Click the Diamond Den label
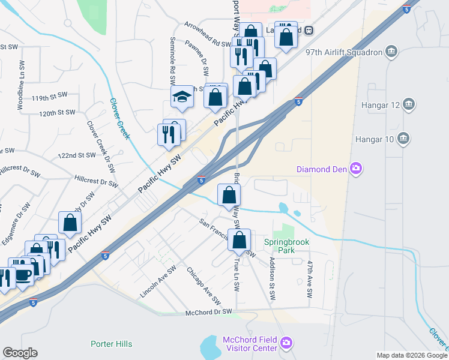322,169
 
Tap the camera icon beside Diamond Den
356,169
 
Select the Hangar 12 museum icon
408,105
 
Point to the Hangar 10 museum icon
403,139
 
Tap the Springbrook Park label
280,246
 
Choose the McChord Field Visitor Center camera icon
287,343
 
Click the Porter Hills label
111,344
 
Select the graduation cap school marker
182,97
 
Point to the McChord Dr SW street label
208,312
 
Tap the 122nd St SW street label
77,155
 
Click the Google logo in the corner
20,353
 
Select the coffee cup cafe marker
23,275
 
